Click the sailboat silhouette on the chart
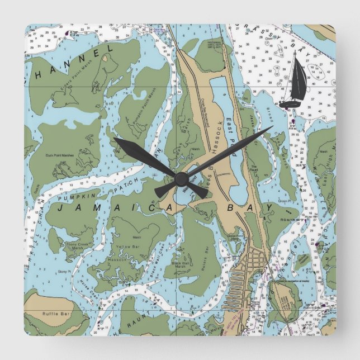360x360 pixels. (x=296, y=81)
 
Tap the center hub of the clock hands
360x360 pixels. (x=181, y=178)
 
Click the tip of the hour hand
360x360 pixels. (x=115, y=138)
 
